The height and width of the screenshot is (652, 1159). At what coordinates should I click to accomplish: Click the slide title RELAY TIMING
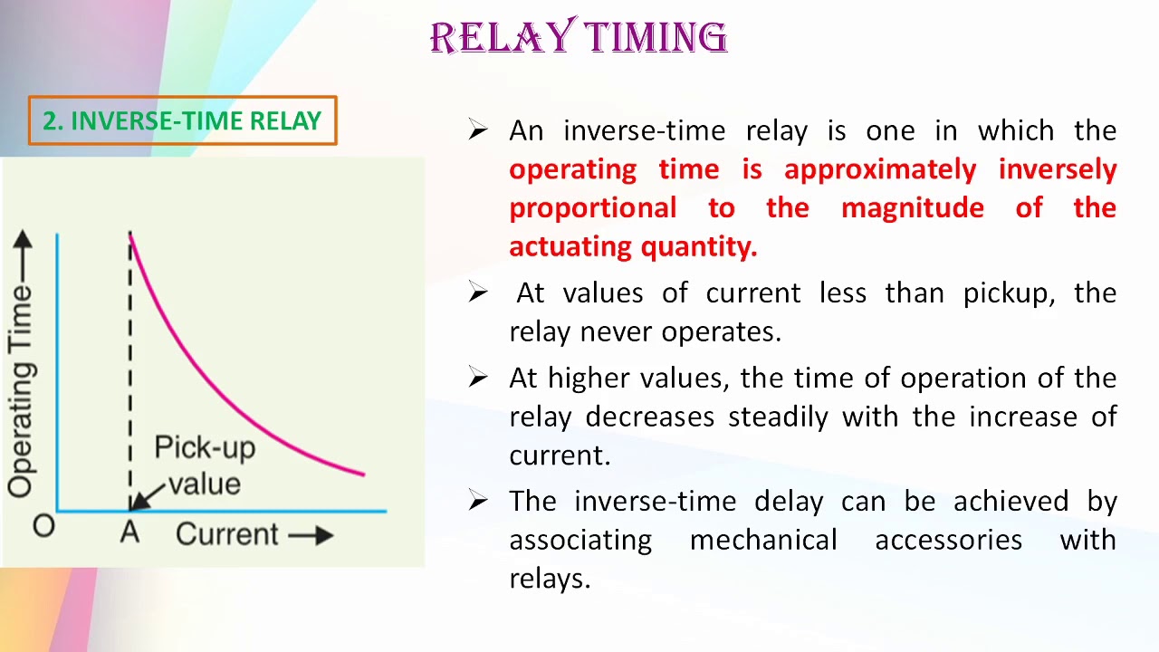pyautogui.click(x=579, y=38)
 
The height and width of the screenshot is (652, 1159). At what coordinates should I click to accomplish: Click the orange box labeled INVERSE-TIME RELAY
pyautogui.click(x=182, y=120)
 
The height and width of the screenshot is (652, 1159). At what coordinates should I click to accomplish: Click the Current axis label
pyautogui.click(x=227, y=534)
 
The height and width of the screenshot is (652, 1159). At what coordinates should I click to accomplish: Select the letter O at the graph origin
pyautogui.click(x=43, y=526)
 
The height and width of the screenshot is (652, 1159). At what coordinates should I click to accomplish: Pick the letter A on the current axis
pyautogui.click(x=129, y=532)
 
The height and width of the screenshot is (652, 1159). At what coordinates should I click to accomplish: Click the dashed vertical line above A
pyautogui.click(x=129, y=362)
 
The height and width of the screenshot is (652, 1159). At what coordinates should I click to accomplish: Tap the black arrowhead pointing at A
pyautogui.click(x=139, y=502)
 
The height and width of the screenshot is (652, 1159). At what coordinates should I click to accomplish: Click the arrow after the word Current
pyautogui.click(x=311, y=535)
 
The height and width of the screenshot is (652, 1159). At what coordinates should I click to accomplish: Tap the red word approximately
pyautogui.click(x=879, y=169)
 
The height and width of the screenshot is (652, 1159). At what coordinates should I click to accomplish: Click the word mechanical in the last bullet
pyautogui.click(x=762, y=540)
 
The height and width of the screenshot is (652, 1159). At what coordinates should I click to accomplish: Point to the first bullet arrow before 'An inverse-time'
pyautogui.click(x=478, y=130)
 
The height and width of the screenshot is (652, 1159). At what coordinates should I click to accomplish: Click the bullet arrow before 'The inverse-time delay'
pyautogui.click(x=478, y=501)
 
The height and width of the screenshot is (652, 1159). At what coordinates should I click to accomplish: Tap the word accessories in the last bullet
pyautogui.click(x=948, y=540)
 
